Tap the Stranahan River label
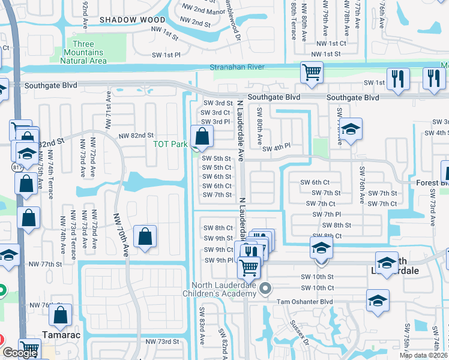click(237, 67)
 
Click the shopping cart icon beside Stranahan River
click(312, 73)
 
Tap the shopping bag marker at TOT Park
click(202, 136)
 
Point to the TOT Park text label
click(170, 144)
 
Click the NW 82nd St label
click(137, 136)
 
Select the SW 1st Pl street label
click(163, 55)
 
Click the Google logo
click(19, 353)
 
